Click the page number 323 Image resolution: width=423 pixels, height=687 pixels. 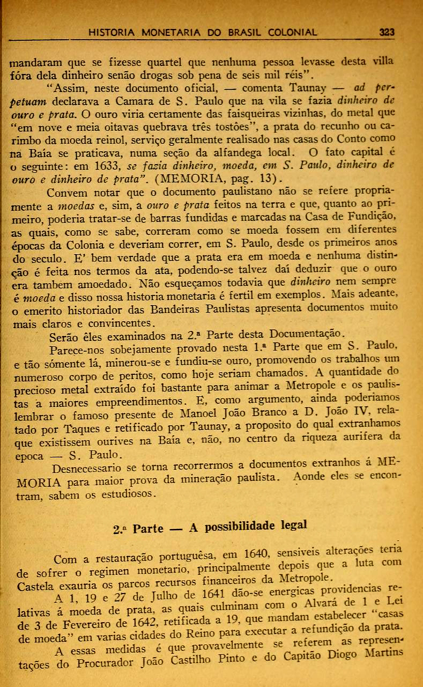point(386,32)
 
